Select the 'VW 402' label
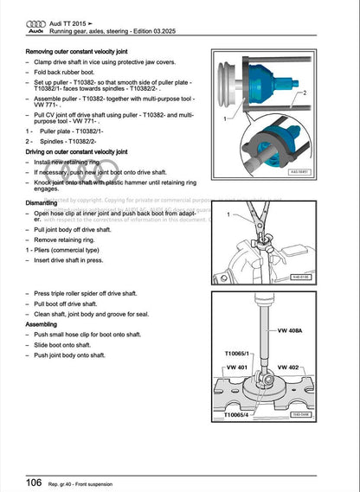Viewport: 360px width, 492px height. pos(310,367)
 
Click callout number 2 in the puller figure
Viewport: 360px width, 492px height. pos(304,91)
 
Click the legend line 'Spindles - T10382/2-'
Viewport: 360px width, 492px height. pos(74,141)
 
